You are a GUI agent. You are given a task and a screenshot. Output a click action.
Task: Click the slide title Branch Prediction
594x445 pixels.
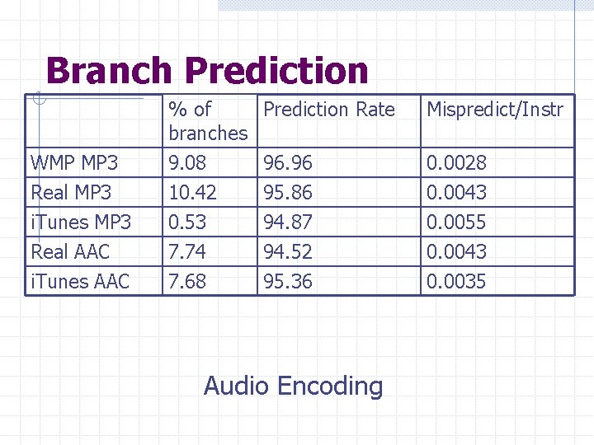[x=207, y=71]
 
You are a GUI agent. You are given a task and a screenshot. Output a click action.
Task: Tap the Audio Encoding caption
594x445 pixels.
[x=293, y=386]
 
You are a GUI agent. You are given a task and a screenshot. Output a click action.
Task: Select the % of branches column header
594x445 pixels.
[x=207, y=120]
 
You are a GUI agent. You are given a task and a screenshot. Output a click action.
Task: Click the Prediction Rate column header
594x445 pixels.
[x=328, y=110]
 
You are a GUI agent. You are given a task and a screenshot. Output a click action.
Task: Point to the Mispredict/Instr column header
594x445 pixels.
[x=494, y=110]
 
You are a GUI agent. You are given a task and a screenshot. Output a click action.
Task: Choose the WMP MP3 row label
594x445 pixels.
[x=74, y=163]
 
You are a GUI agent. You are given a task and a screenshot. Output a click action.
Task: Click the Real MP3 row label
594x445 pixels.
[x=71, y=193]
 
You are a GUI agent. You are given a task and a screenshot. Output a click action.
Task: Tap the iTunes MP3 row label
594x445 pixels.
[x=80, y=222]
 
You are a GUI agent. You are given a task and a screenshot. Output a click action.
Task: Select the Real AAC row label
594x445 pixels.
[x=70, y=251]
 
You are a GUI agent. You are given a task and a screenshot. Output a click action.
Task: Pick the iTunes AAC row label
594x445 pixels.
[x=79, y=281]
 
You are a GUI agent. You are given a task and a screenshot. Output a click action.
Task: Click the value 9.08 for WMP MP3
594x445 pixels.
[x=187, y=163]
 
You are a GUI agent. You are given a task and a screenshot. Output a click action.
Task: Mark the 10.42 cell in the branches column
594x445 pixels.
[x=192, y=193]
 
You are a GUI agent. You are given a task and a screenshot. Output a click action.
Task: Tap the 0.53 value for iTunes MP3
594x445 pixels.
[x=187, y=222]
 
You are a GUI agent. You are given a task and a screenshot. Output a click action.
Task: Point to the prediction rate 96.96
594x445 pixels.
[x=287, y=163]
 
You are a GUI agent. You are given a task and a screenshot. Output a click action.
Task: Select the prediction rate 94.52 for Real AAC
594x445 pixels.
[x=287, y=251]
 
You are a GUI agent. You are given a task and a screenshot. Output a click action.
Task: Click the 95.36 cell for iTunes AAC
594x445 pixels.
[x=287, y=281]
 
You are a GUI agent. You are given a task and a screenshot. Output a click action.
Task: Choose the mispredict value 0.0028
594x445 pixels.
[x=455, y=163]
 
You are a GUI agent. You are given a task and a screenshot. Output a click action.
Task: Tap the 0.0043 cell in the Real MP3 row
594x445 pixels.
[x=455, y=193]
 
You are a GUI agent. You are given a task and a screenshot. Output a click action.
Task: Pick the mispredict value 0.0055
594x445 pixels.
[x=455, y=222]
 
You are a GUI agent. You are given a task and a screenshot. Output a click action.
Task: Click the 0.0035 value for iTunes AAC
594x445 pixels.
[x=455, y=281]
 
